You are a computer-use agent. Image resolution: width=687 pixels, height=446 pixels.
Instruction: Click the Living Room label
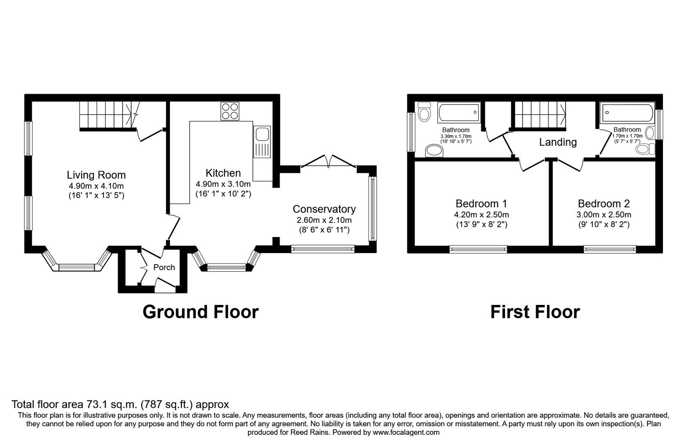click(x=96, y=175)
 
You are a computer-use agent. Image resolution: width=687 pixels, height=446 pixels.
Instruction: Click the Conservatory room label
click(x=324, y=209)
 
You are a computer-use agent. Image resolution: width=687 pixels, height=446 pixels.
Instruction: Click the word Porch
click(x=164, y=267)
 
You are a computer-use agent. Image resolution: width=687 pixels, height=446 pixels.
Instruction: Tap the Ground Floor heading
click(x=200, y=312)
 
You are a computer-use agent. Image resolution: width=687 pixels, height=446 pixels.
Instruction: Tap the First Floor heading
click(x=535, y=312)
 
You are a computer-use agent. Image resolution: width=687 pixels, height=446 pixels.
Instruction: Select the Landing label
click(x=558, y=142)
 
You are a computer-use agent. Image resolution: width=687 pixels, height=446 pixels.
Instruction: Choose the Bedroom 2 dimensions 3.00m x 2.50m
click(x=604, y=215)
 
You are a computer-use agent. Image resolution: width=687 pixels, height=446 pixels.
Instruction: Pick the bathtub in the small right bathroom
click(x=626, y=113)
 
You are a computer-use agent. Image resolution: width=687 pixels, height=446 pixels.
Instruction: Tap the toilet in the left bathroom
click(x=424, y=112)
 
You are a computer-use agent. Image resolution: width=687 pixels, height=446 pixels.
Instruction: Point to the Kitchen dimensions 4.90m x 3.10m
click(x=223, y=184)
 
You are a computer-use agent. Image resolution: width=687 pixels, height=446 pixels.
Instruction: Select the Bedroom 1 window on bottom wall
click(x=478, y=248)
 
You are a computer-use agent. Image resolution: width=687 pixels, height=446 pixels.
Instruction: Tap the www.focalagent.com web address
click(x=406, y=432)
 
